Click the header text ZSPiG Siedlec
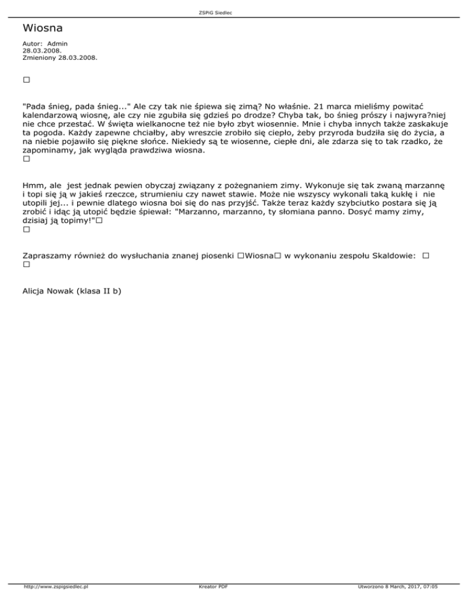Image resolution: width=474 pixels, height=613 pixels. tap(236, 12)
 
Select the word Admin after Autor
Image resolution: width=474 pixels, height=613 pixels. tap(57, 44)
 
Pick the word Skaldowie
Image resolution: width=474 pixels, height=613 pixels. tap(394, 255)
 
